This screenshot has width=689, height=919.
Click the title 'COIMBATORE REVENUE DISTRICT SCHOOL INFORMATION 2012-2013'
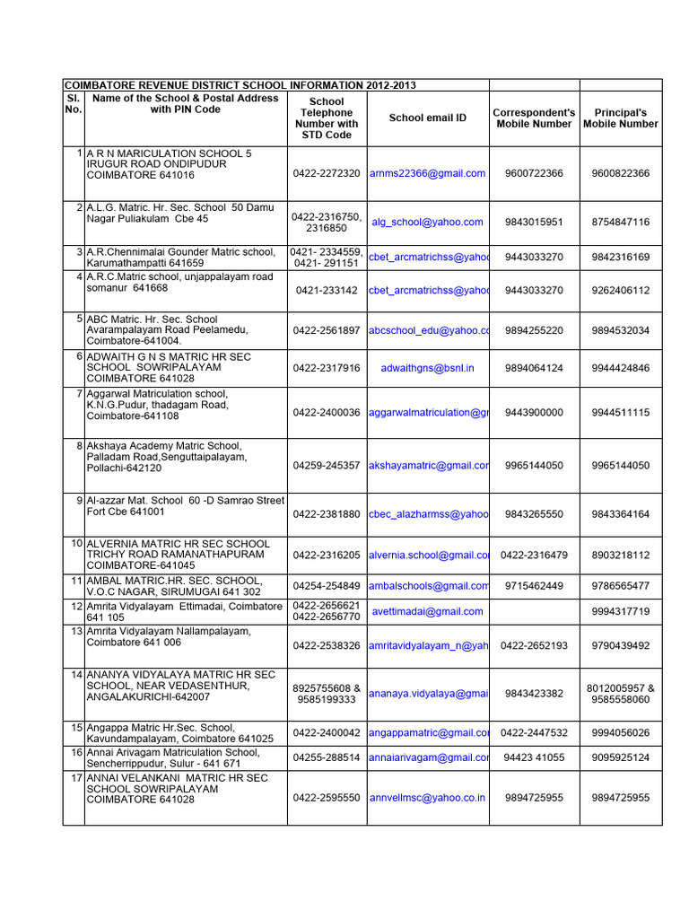pyautogui.click(x=239, y=85)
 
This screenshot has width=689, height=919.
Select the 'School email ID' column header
pyautogui.click(x=428, y=118)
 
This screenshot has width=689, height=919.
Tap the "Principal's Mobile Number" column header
pyautogui.click(x=620, y=118)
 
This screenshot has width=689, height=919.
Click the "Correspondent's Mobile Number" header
pyautogui.click(x=534, y=118)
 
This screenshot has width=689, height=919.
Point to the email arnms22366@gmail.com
pyautogui.click(x=427, y=173)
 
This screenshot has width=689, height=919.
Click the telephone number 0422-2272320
pyautogui.click(x=327, y=173)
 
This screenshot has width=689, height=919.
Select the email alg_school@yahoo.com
pyautogui.click(x=427, y=222)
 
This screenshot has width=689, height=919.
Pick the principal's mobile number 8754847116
pyautogui.click(x=620, y=222)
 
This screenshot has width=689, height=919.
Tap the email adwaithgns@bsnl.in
pyautogui.click(x=427, y=368)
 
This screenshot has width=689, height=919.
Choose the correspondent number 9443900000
pyautogui.click(x=534, y=413)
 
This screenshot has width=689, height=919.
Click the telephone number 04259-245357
pyautogui.click(x=327, y=466)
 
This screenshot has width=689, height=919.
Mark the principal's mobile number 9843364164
pyautogui.click(x=620, y=514)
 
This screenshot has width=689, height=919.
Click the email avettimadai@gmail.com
pyautogui.click(x=427, y=611)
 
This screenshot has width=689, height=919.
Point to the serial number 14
pyautogui.click(x=73, y=674)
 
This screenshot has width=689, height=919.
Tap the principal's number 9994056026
pyautogui.click(x=620, y=733)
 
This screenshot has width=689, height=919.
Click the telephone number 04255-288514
pyautogui.click(x=327, y=757)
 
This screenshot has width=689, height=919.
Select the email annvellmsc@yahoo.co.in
pyautogui.click(x=427, y=797)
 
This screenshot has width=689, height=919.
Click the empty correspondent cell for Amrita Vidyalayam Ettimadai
pyautogui.click(x=534, y=611)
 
